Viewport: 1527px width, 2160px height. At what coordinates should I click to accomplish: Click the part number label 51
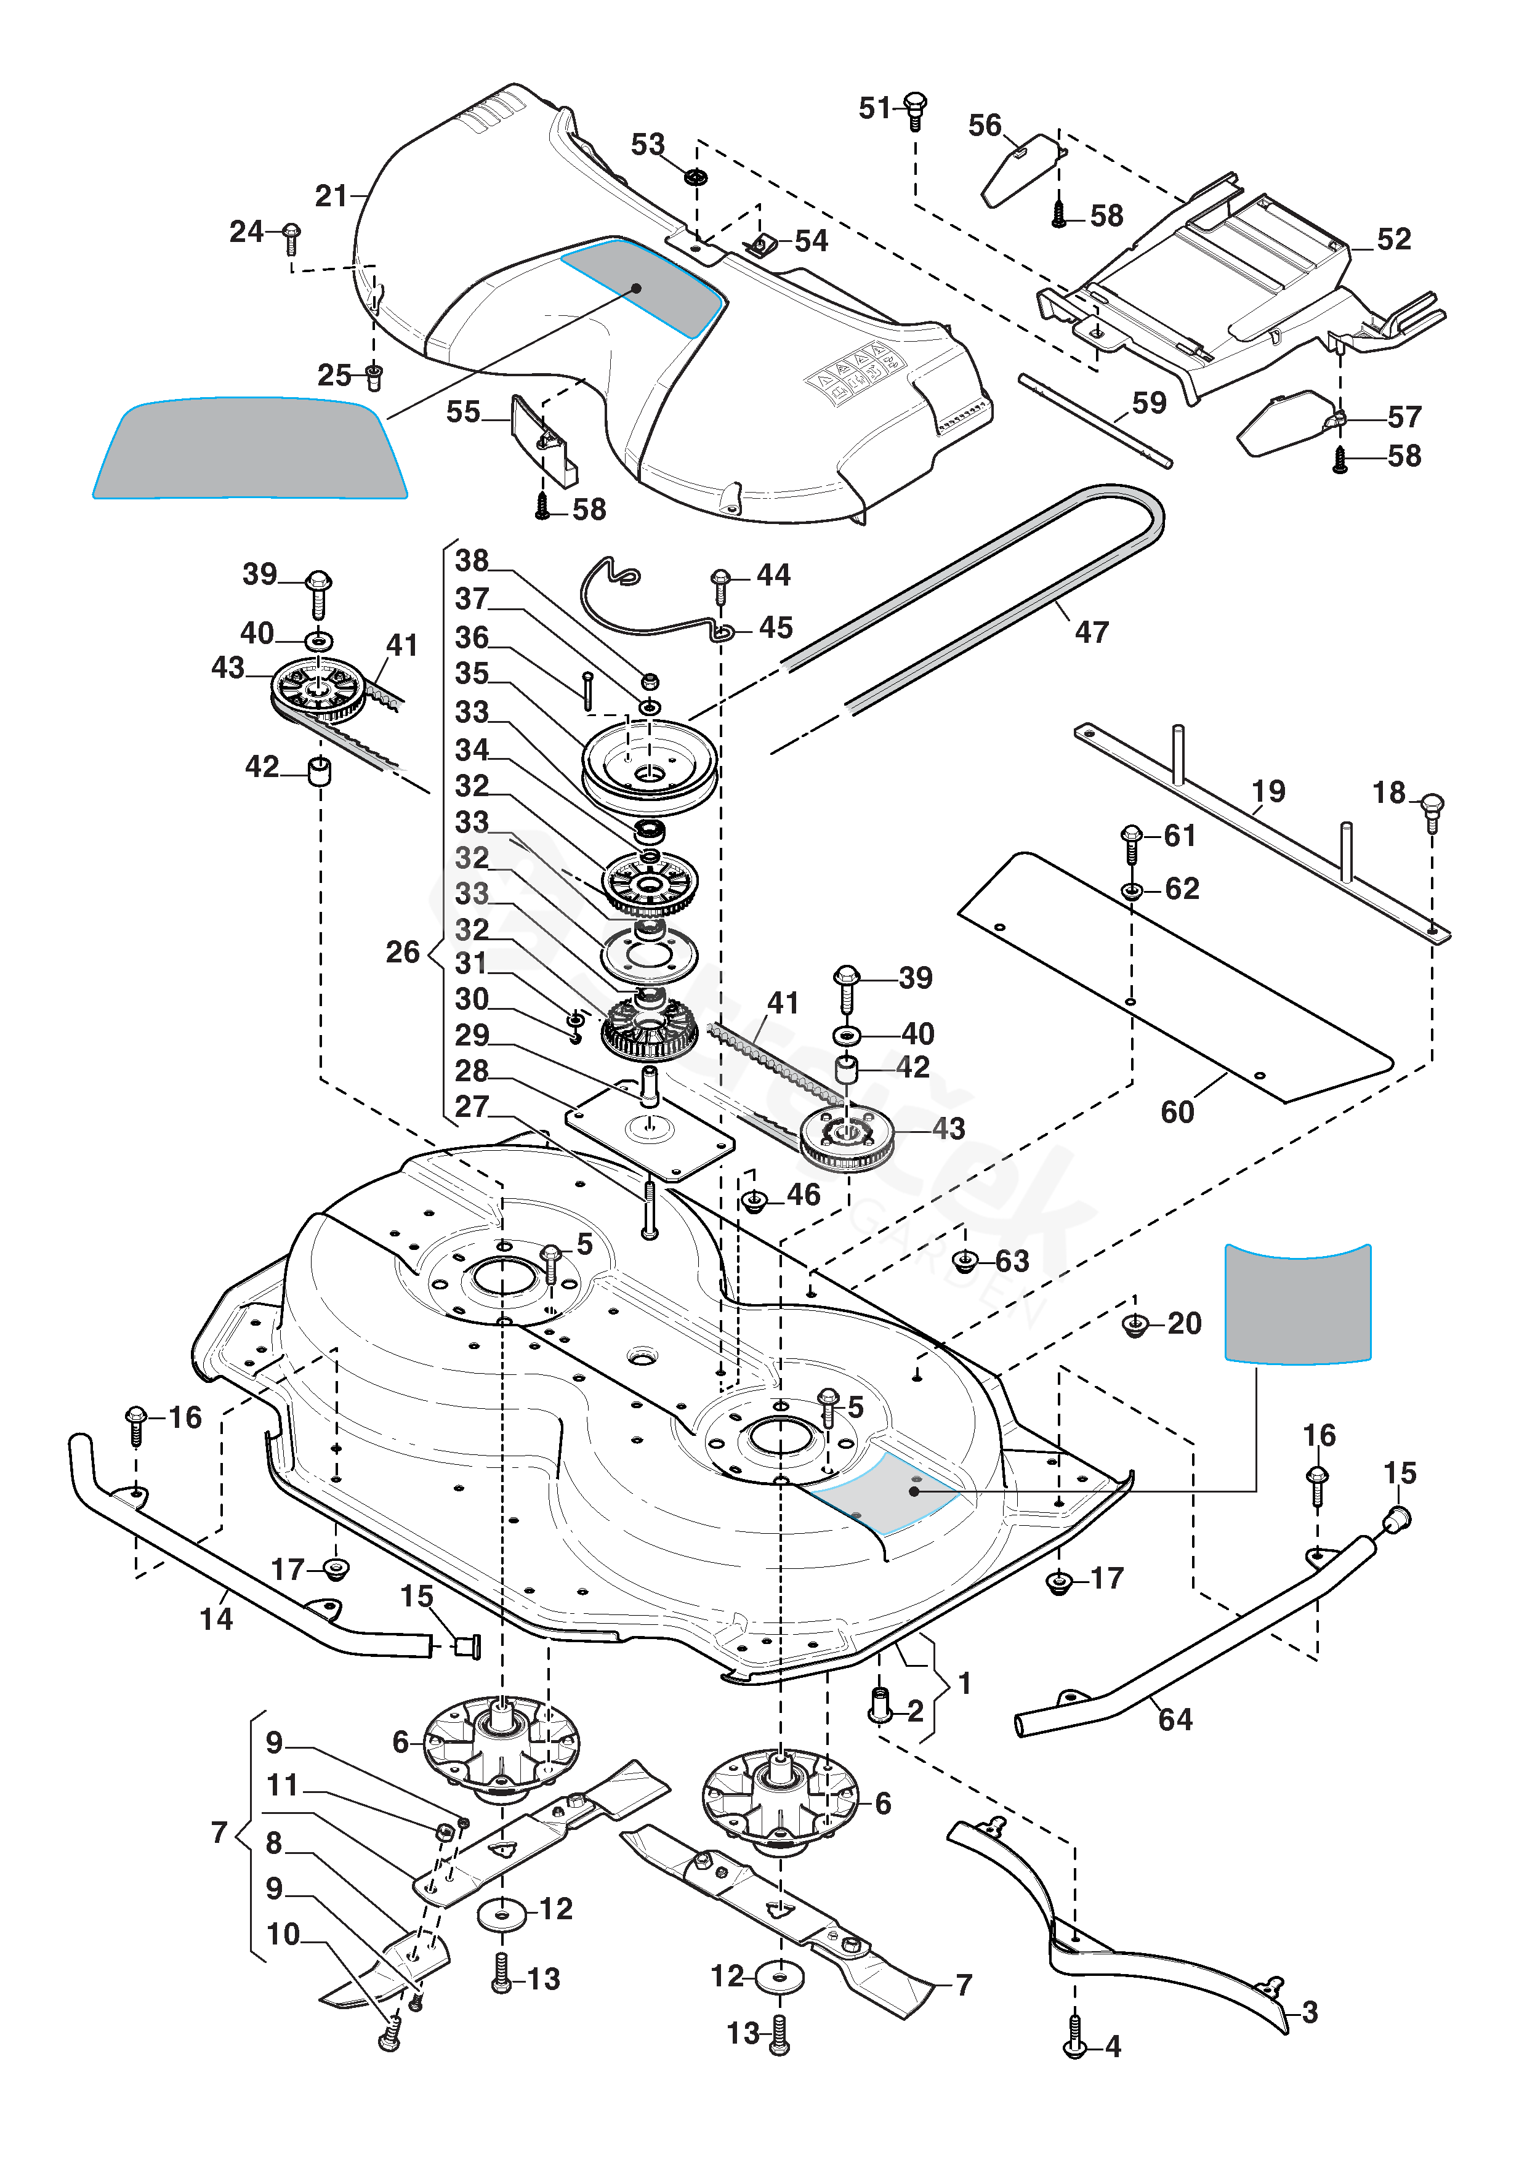pyautogui.click(x=874, y=108)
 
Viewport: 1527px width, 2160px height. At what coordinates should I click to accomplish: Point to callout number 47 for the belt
pyautogui.click(x=1092, y=632)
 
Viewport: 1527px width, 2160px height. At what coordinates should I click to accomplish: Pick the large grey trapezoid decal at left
pyautogui.click(x=250, y=449)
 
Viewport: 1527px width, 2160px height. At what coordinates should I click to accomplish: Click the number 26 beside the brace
pyautogui.click(x=403, y=952)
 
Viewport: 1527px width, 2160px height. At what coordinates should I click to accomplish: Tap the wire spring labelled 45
pyautogui.click(x=649, y=602)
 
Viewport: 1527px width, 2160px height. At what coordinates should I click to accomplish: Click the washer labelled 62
pyautogui.click(x=1132, y=890)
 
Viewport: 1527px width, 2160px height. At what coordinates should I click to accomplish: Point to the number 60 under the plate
pyautogui.click(x=1177, y=1112)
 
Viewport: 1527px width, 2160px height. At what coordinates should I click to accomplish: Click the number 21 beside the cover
pyautogui.click(x=331, y=196)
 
